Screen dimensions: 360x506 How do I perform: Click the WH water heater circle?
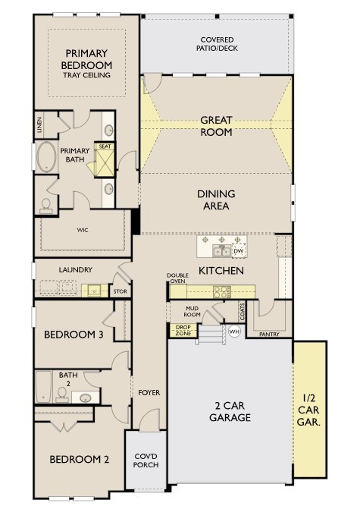234,332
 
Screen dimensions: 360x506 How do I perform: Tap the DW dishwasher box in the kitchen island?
239,251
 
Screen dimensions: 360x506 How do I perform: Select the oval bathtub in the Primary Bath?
46,157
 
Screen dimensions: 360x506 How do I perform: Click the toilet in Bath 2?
62,394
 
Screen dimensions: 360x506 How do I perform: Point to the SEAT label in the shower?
105,146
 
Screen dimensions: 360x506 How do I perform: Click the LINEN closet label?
39,125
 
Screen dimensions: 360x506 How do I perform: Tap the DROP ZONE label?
183,331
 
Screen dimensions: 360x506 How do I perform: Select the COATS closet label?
243,312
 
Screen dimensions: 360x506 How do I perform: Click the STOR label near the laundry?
121,291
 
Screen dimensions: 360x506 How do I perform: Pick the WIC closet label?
83,230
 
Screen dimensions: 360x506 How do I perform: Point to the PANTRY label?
269,335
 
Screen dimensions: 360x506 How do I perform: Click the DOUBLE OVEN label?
177,278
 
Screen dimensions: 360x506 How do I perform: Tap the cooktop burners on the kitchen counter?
222,292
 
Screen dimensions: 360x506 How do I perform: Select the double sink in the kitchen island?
221,251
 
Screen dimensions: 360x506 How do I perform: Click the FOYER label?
149,393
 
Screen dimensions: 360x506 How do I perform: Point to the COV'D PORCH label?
146,460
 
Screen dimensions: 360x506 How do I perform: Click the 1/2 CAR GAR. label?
308,410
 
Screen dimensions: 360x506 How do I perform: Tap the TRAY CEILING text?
86,75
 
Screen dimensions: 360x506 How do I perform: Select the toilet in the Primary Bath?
46,206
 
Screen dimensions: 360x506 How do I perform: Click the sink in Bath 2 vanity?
86,398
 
